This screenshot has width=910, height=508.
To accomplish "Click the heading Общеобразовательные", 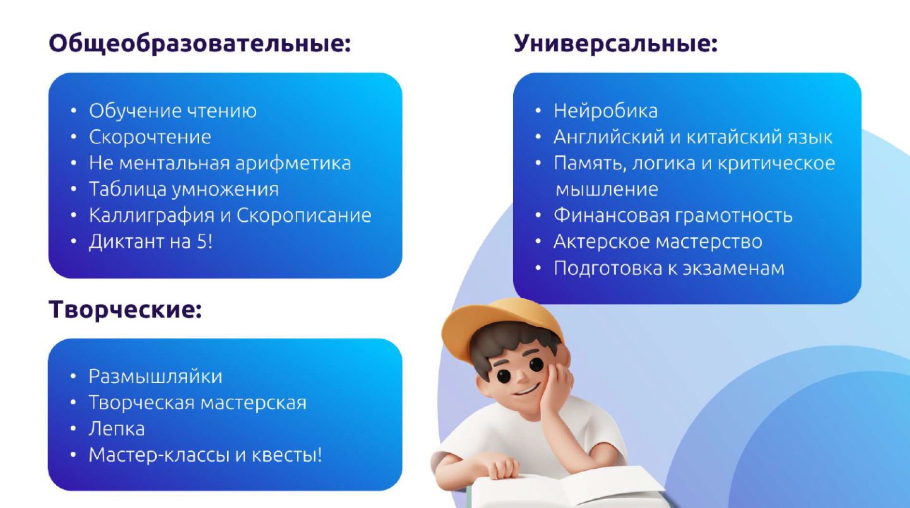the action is click(x=200, y=44).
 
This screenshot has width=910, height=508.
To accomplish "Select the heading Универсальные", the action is click(x=616, y=44).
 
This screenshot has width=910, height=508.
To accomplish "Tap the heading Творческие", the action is click(x=125, y=310).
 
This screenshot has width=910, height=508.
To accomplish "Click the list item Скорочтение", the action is click(x=150, y=137).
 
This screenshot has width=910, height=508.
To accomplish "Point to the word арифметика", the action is click(x=293, y=163).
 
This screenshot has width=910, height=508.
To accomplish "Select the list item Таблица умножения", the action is click(x=184, y=190).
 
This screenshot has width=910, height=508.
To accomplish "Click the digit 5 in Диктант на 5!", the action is click(x=202, y=241).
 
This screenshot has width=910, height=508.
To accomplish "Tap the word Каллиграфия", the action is click(x=152, y=215).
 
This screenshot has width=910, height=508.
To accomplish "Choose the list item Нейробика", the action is click(x=605, y=111).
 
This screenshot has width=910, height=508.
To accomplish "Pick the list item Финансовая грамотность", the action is click(x=673, y=215).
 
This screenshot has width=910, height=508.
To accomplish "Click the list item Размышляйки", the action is click(x=155, y=377).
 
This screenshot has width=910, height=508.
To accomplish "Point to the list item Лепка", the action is click(x=116, y=429).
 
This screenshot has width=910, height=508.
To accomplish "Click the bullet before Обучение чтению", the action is click(x=73, y=111).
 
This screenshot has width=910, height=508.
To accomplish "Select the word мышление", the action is click(x=607, y=190).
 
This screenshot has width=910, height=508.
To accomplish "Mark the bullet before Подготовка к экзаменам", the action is click(x=538, y=269).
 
